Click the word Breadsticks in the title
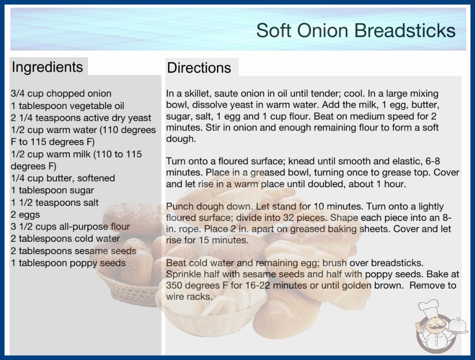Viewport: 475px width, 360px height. tap(405, 30)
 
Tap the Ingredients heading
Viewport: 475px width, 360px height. tap(47, 67)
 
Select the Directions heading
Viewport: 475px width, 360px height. tap(199, 68)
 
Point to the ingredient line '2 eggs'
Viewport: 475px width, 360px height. tap(25, 215)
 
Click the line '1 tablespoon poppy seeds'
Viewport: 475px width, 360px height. tap(68, 263)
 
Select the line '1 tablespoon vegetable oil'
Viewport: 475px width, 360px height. tap(68, 106)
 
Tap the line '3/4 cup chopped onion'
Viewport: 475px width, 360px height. tap(61, 94)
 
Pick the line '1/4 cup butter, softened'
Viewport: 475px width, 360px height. tap(63, 178)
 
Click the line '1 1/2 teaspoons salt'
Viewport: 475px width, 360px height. tap(55, 203)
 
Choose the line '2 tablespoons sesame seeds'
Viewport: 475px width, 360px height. tap(74, 251)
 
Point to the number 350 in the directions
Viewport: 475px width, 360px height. tap(174, 285)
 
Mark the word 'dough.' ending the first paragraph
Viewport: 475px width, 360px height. tap(181, 139)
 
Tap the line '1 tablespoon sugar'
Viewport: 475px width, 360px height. tap(52, 190)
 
